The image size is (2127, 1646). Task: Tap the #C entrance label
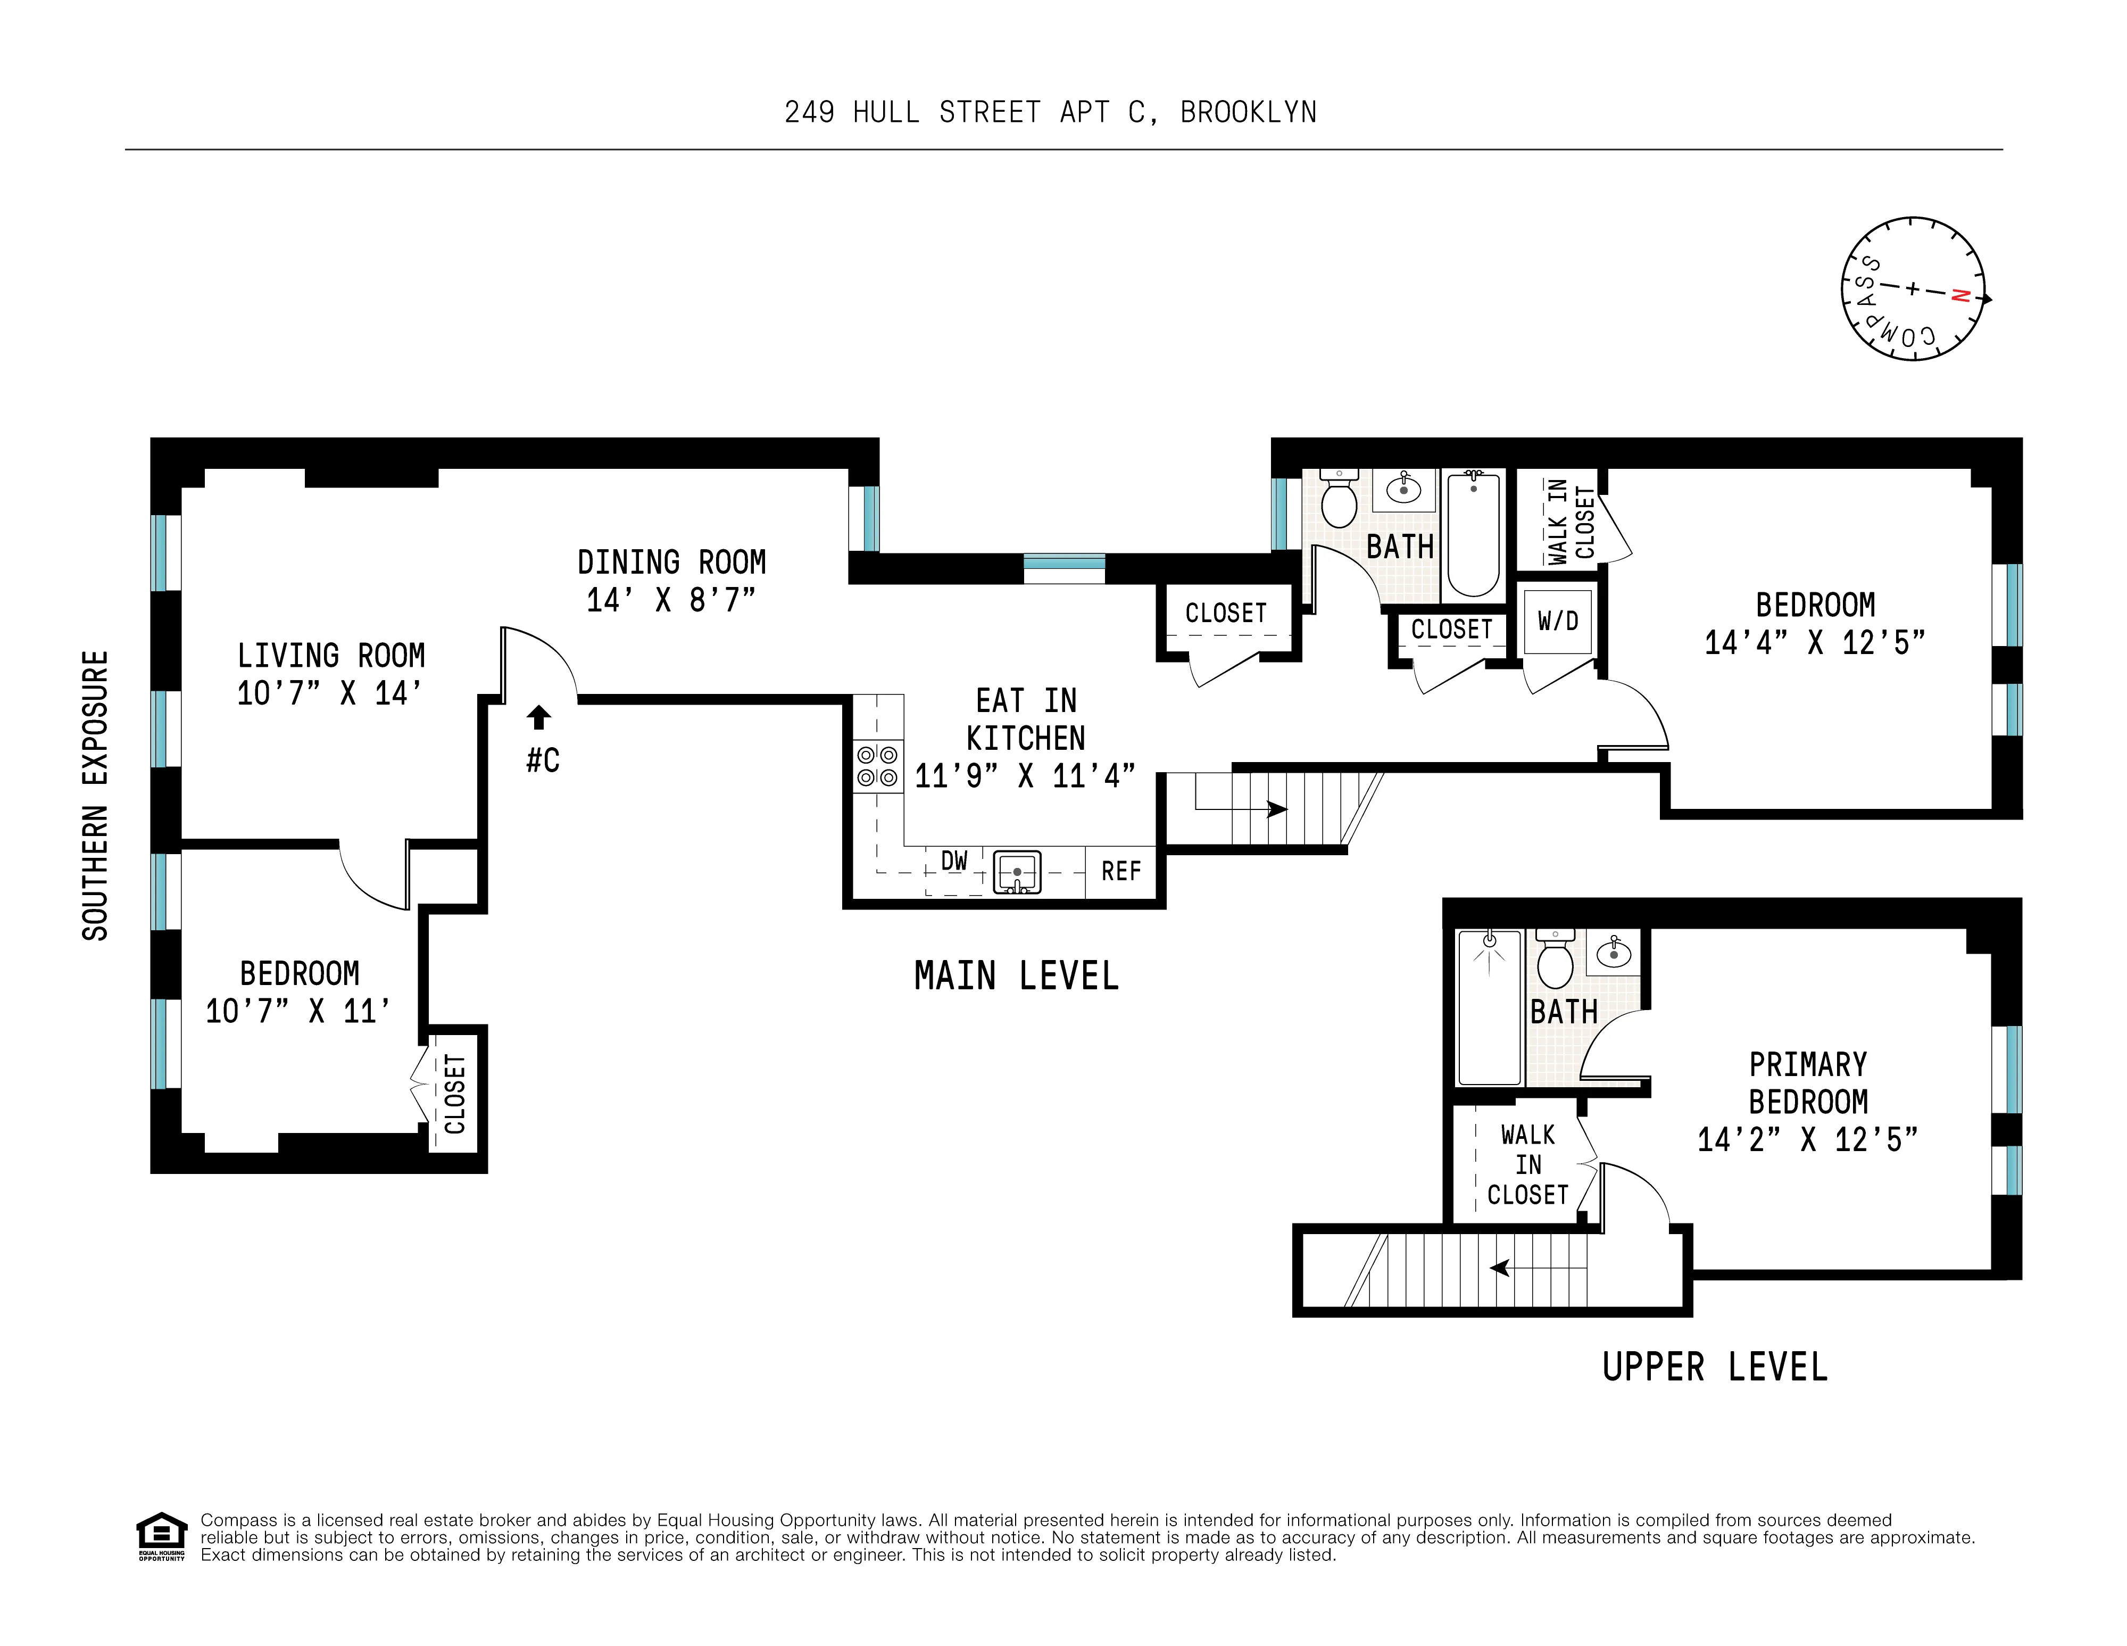pyautogui.click(x=543, y=760)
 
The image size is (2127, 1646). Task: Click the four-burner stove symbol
pyautogui.click(x=877, y=766)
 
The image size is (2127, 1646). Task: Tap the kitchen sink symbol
pyautogui.click(x=1017, y=872)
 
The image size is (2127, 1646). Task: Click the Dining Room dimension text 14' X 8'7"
pyautogui.click(x=671, y=600)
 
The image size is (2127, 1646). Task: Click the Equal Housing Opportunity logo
pyautogui.click(x=161, y=1536)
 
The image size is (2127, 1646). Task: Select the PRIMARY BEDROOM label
pyautogui.click(x=1808, y=1083)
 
